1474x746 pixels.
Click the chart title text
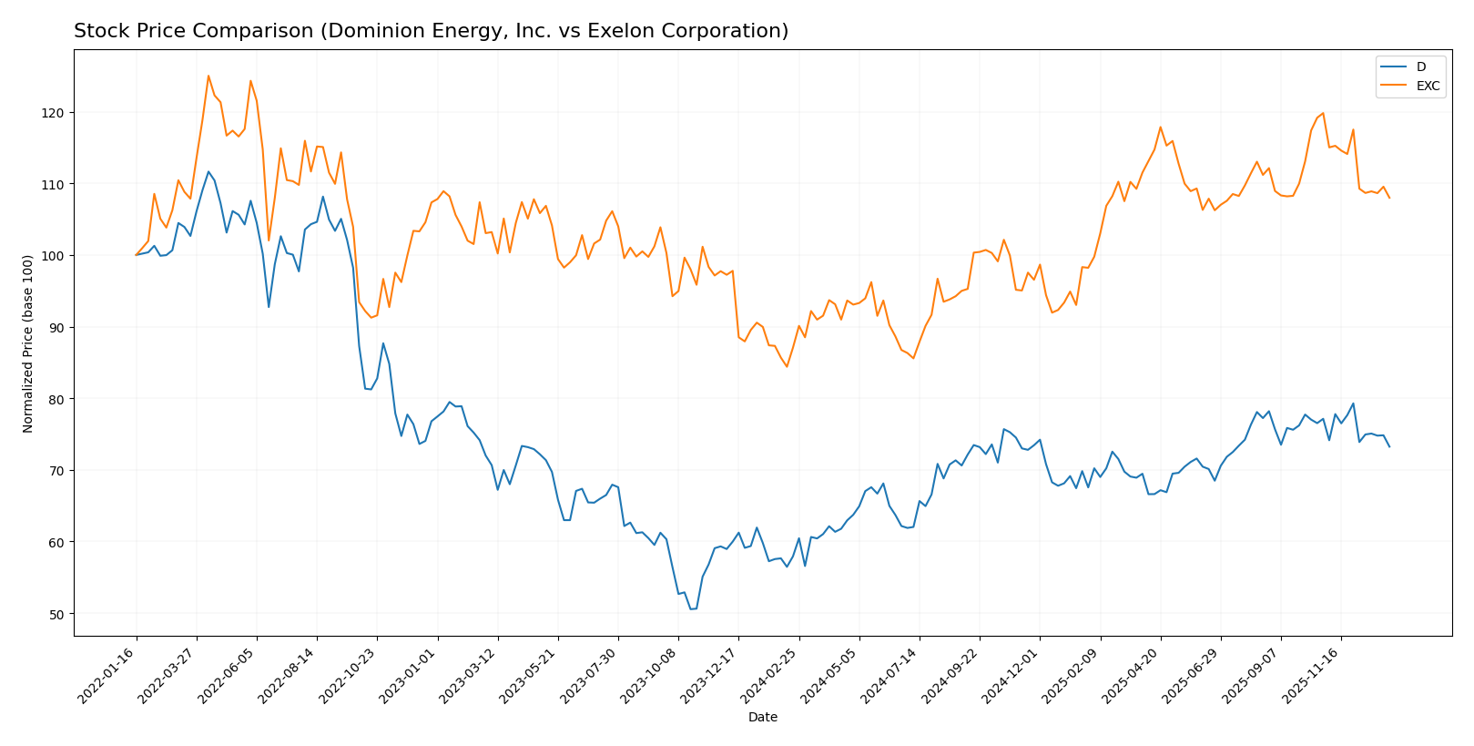pos(431,31)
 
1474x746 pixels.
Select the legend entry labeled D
pos(1420,66)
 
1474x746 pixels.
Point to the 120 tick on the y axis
pos(56,112)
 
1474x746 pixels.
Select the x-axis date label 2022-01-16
pos(107,675)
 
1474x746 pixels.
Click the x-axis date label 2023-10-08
pos(649,675)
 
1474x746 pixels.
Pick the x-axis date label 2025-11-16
pos(1312,675)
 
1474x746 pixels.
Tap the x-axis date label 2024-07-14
pos(890,675)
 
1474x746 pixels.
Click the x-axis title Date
pos(762,718)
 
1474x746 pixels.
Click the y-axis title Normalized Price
pos(28,343)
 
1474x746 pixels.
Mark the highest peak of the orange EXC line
pos(208,76)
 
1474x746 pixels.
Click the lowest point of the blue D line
pos(691,608)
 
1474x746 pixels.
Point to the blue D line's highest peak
pos(208,171)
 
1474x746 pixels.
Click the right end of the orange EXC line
pos(1389,198)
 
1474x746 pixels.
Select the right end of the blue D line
pos(1389,446)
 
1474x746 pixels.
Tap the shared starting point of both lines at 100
pos(137,255)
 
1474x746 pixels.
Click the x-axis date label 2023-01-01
pos(409,675)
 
